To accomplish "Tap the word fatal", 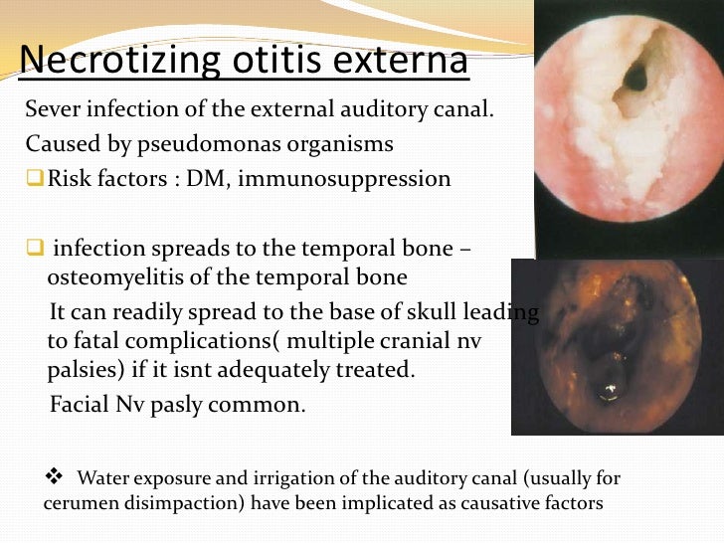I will point(101,340).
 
